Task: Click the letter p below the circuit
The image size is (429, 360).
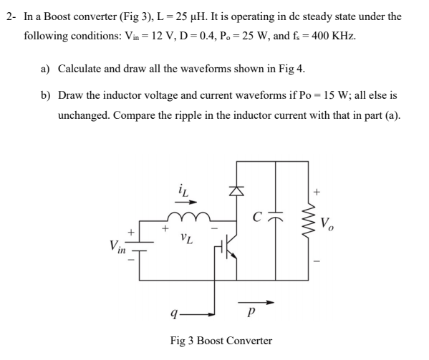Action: [249, 313]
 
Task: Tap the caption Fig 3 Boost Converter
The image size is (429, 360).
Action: [221, 340]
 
